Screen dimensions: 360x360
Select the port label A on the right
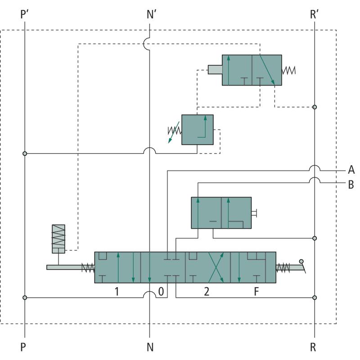point(351,170)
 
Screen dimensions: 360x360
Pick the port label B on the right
point(351,184)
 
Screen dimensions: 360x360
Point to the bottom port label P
point(24,347)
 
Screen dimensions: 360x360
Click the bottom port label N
point(150,347)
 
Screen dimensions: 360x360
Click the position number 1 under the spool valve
point(117,291)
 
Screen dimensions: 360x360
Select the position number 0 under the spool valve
point(161,291)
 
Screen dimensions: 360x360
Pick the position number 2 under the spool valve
point(207,291)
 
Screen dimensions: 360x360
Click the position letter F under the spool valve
point(256,291)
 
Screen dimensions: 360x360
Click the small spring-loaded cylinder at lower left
point(58,238)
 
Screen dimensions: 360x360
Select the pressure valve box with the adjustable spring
point(197,130)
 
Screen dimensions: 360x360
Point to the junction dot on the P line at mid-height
point(25,153)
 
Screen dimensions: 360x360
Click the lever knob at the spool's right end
point(301,261)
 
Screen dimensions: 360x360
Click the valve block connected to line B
point(221,213)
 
